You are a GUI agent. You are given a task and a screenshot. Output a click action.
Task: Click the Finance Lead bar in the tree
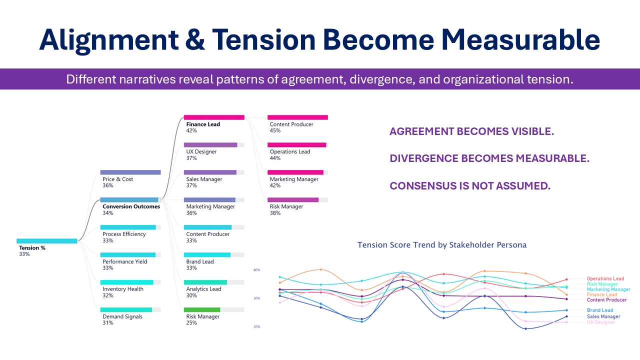[214, 117]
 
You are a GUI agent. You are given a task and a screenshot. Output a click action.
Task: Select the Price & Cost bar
[130, 172]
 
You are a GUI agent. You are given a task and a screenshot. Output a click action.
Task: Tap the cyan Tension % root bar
[47, 241]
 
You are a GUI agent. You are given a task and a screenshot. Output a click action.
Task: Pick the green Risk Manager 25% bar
[202, 309]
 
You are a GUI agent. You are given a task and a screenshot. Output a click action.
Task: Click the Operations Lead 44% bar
[297, 145]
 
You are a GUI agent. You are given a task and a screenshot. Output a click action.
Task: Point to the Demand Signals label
[122, 316]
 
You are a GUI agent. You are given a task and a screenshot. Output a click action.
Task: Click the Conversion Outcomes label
[131, 206]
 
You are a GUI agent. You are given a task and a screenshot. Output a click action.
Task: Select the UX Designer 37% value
[191, 158]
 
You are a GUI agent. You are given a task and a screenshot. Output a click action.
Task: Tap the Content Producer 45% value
[275, 130]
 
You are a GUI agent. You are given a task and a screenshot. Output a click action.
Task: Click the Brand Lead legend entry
[599, 310]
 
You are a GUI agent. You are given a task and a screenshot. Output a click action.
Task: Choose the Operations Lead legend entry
[605, 278]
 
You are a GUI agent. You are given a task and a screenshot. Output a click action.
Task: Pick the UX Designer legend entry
[601, 322]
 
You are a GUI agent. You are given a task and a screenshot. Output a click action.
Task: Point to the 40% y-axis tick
[257, 269]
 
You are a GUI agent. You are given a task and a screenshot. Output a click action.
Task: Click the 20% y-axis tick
[257, 326]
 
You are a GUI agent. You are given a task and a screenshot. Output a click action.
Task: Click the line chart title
[441, 245]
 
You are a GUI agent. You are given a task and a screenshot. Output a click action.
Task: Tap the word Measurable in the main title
[520, 39]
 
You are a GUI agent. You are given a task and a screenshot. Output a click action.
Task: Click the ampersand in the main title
[195, 40]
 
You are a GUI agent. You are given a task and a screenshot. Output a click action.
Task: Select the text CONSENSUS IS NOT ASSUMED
[470, 185]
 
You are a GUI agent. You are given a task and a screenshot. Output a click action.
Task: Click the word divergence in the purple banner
[382, 79]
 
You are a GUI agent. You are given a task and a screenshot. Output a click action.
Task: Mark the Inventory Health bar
[127, 282]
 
